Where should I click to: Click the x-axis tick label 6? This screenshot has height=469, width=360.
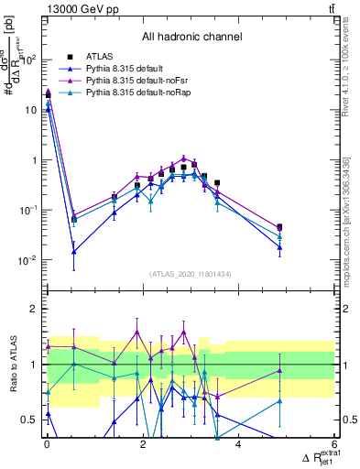tap(334, 444)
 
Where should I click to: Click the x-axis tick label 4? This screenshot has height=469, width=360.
tap(238, 444)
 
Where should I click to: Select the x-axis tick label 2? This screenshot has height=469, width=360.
tap(143, 444)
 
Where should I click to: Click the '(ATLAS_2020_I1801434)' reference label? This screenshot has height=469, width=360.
tap(191, 274)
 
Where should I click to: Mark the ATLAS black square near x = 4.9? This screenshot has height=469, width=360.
tap(279, 227)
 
